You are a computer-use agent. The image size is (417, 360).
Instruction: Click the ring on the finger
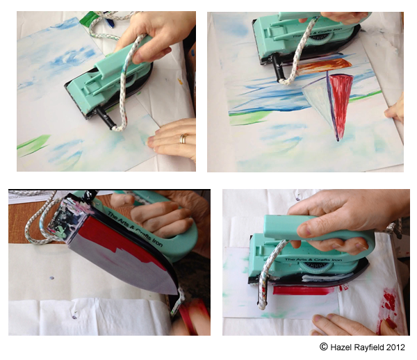point(183,138)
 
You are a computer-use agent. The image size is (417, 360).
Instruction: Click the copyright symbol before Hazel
point(323,347)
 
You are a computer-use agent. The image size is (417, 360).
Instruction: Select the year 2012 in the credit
point(395,347)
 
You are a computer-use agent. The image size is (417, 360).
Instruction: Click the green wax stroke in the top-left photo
point(33,142)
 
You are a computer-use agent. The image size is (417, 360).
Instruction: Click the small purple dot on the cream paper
point(52,278)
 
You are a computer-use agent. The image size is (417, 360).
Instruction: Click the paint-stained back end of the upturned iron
point(67,218)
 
